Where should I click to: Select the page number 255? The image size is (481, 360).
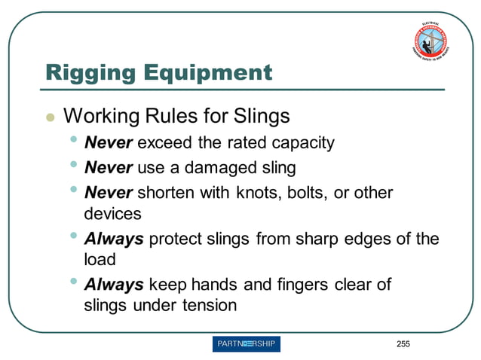tap(403, 344)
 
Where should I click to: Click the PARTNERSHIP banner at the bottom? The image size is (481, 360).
tap(246, 344)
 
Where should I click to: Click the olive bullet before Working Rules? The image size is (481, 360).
tap(50, 117)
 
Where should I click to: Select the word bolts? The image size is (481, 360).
tap(308, 192)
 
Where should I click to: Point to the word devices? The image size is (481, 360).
tap(112, 213)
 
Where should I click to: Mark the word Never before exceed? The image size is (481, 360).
tap(109, 142)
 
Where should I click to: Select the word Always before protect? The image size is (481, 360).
tap(114, 240)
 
